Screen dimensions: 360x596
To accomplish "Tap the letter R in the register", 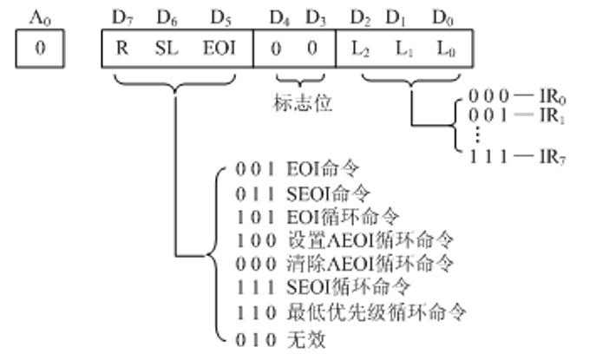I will (x=123, y=49).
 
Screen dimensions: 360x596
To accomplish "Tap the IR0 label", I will (x=550, y=96).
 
